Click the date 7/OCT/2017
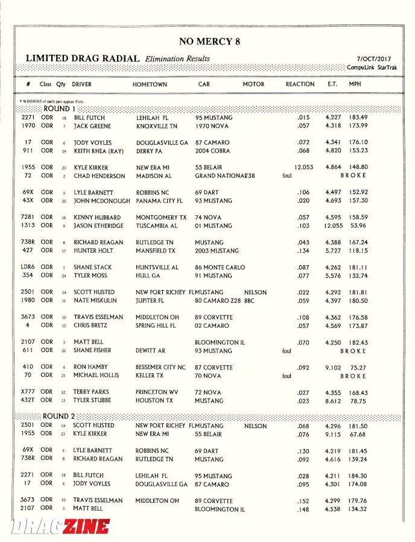click(374, 58)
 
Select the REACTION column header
click(300, 84)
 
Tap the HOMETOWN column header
click(150, 84)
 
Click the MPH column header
click(355, 84)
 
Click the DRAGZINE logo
click(60, 526)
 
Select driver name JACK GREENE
click(92, 126)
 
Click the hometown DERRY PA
click(149, 151)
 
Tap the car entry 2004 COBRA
click(214, 151)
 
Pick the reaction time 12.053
click(303, 168)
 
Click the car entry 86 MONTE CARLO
click(220, 268)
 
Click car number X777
click(28, 392)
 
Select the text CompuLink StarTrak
click(369, 68)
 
